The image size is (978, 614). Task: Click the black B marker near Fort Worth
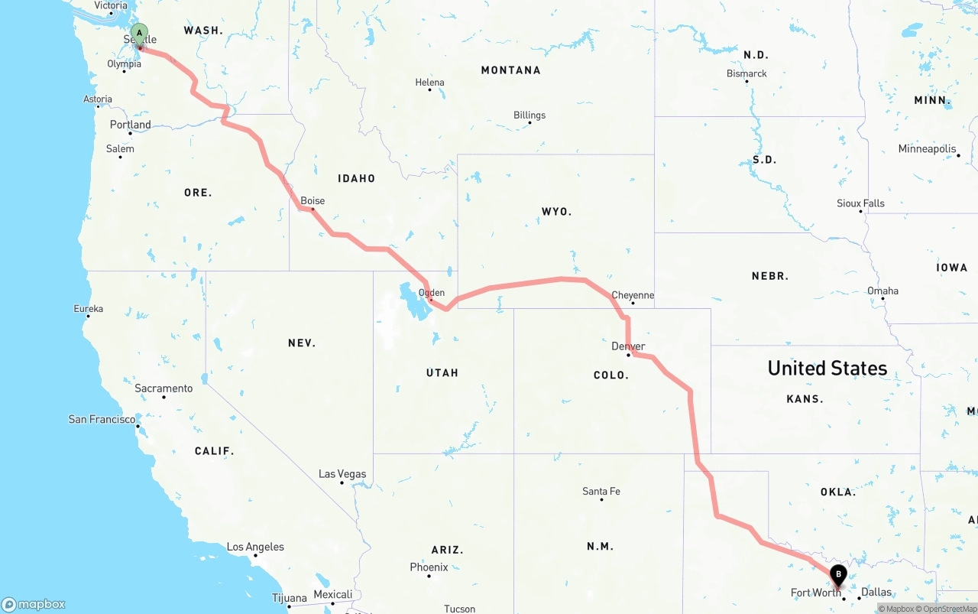[838, 574]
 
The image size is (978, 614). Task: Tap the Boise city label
[313, 201]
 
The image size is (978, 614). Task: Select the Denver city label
[628, 346]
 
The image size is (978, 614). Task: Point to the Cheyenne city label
[633, 295]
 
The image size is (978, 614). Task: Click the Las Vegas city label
[342, 474]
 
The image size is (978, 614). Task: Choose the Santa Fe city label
[601, 491]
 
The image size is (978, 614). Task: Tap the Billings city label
[529, 115]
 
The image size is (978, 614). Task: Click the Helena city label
[429, 83]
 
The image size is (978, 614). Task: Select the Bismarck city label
[746, 73]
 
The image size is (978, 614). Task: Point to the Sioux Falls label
[860, 203]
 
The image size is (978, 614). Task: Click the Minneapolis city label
[927, 149]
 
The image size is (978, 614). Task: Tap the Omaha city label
[882, 291]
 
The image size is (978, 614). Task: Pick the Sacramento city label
[164, 388]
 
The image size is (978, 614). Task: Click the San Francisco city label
[102, 419]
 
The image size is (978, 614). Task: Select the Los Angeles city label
[255, 547]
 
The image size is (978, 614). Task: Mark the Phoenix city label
[429, 567]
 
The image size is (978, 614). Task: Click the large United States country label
[827, 369]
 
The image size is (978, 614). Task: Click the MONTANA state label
[510, 70]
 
